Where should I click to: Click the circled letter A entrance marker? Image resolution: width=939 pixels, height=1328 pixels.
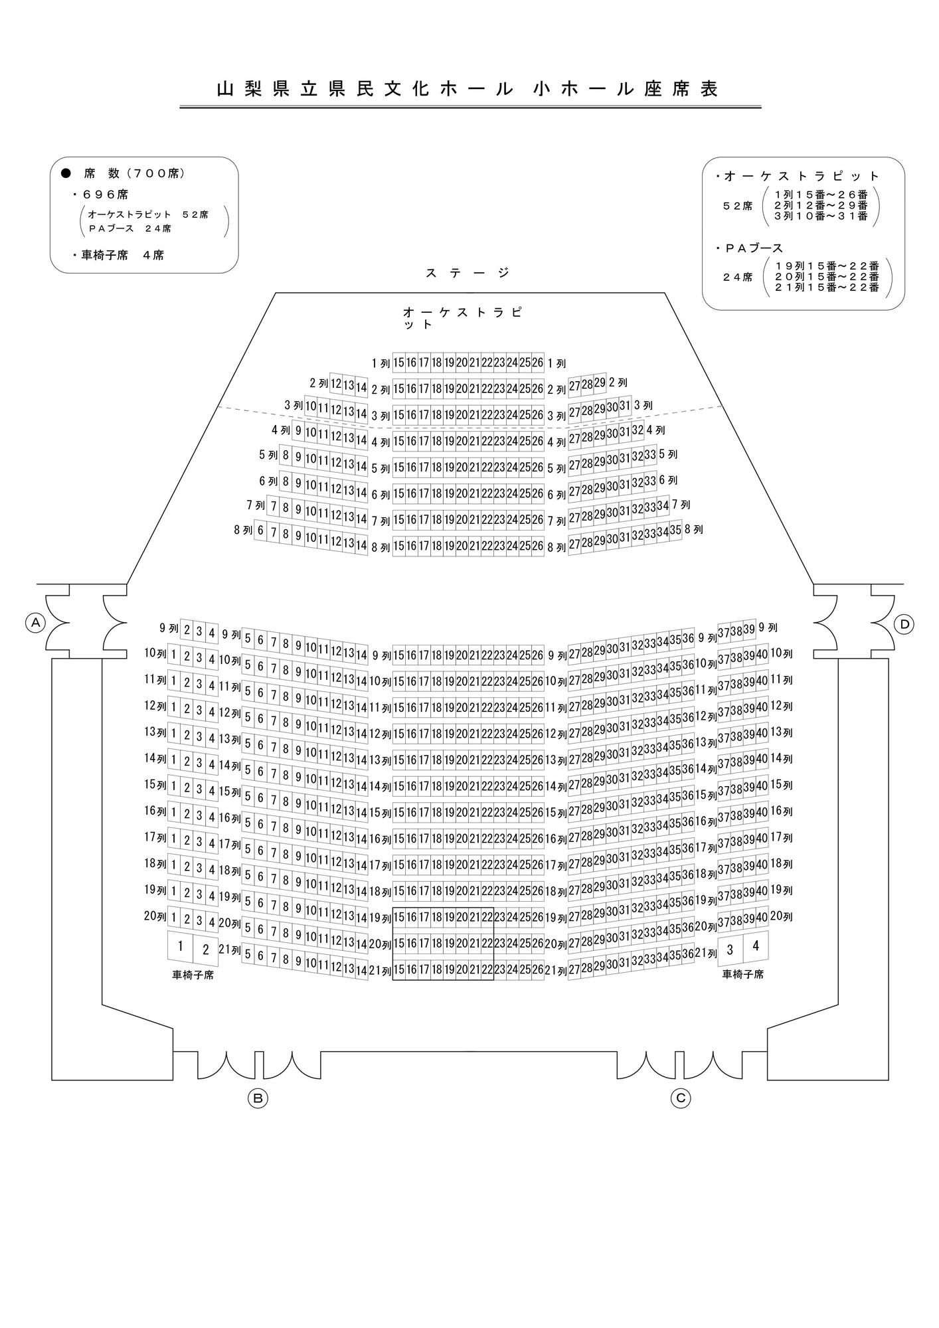(35, 623)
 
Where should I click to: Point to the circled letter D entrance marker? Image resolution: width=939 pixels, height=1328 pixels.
(904, 624)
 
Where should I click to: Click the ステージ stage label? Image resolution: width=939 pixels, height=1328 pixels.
(468, 272)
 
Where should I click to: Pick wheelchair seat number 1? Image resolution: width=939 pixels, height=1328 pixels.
(180, 946)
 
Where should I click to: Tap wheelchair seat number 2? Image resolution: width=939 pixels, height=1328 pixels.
(206, 950)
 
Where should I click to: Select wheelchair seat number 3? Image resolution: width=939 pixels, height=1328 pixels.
(730, 950)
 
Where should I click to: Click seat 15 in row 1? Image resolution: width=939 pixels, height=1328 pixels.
(398, 363)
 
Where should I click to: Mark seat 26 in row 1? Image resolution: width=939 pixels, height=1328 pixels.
(538, 363)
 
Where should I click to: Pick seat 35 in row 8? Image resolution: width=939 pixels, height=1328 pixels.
(676, 531)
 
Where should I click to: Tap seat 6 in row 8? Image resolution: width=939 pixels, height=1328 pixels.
(260, 531)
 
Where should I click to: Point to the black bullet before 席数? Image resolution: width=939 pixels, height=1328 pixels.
(66, 173)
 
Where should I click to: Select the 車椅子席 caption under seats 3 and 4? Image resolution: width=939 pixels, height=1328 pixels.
(743, 975)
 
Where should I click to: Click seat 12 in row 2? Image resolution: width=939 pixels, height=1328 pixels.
(336, 384)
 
